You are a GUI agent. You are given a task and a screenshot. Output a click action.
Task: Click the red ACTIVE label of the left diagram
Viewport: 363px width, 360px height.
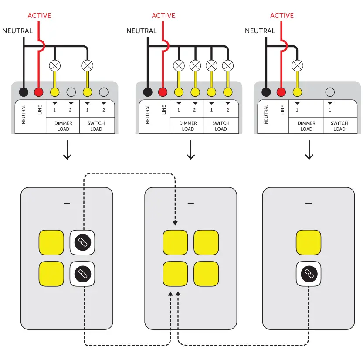pyautogui.click(x=39, y=16)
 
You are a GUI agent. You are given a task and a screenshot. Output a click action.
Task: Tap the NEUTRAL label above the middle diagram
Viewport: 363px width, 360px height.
pyautogui.click(x=141, y=31)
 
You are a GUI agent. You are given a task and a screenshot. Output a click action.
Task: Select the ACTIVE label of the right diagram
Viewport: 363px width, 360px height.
pyautogui.click(x=282, y=16)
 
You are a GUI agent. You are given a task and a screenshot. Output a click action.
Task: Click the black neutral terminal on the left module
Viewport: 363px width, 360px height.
pyautogui.click(x=24, y=92)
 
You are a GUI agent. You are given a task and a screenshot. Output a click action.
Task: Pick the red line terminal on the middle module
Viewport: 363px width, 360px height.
pyautogui.click(x=163, y=92)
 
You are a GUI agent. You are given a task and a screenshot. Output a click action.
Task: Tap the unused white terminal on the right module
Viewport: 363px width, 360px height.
pyautogui.click(x=330, y=92)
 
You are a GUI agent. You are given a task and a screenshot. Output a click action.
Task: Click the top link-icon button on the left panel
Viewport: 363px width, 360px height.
pyautogui.click(x=82, y=242)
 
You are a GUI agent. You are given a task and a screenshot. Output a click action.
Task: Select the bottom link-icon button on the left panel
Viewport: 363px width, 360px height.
pyautogui.click(x=82, y=274)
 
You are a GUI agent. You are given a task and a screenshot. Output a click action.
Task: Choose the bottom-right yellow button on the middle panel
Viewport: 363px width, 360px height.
pyautogui.click(x=206, y=274)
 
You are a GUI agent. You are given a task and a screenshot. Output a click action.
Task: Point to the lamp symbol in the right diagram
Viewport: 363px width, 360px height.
pyautogui.click(x=297, y=66)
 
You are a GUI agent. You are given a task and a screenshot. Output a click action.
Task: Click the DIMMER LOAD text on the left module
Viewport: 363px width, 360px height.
pyautogui.click(x=63, y=126)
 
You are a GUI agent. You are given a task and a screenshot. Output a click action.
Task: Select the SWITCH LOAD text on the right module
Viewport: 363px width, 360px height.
pyautogui.click(x=339, y=126)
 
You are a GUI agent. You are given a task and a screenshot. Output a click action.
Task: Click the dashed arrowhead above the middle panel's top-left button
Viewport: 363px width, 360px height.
pyautogui.click(x=175, y=223)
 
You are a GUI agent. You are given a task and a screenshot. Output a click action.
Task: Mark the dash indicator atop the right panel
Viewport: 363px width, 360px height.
pyautogui.click(x=309, y=204)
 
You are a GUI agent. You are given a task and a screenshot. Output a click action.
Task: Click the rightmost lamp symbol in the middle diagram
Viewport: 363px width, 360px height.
pyautogui.click(x=227, y=66)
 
